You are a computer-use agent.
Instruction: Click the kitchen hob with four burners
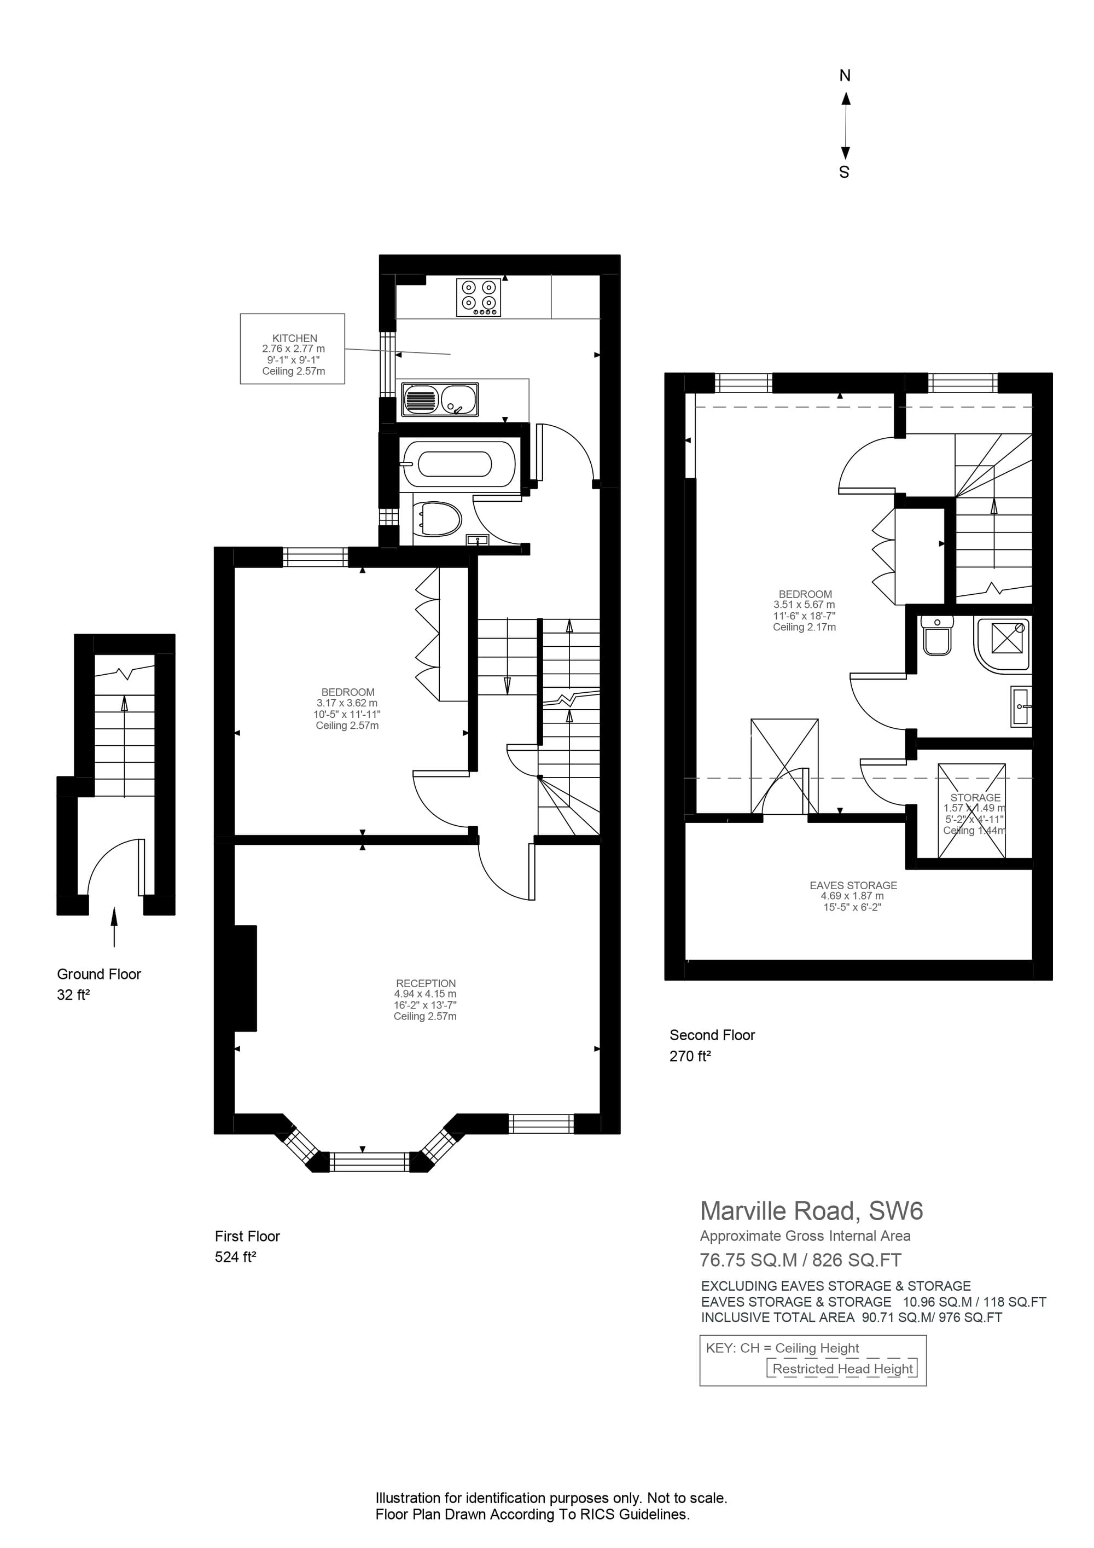click(x=479, y=297)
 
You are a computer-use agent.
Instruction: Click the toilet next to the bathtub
click(x=438, y=520)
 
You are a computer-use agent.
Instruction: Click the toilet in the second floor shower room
click(x=936, y=635)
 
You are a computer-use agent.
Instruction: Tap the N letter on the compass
click(x=845, y=76)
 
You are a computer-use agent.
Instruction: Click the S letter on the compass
click(x=844, y=172)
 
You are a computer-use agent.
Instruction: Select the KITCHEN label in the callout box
click(x=295, y=339)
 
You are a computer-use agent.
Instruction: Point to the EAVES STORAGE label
click(x=853, y=885)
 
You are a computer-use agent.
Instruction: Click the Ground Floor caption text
click(x=99, y=974)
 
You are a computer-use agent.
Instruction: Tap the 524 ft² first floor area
click(x=235, y=1257)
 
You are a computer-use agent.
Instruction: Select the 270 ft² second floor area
click(x=690, y=1057)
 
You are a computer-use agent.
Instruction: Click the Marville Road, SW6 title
click(x=811, y=1211)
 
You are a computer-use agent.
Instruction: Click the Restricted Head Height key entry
click(x=842, y=1369)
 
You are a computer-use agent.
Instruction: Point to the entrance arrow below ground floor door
click(x=114, y=927)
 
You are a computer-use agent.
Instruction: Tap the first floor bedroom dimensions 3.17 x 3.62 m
click(x=347, y=703)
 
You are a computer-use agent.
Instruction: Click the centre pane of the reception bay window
click(x=370, y=1161)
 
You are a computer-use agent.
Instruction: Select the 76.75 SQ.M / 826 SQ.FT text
click(x=800, y=1260)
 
